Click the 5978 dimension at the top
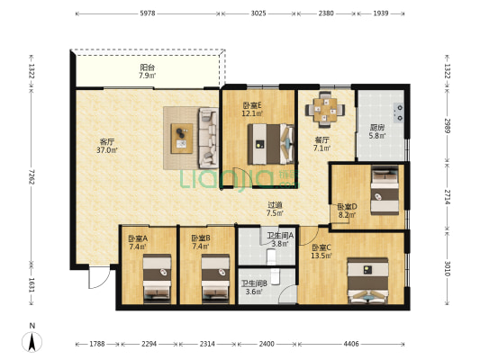(x=148, y=13)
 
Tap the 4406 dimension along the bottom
(x=351, y=344)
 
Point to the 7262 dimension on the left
(x=32, y=176)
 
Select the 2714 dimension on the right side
(x=448, y=197)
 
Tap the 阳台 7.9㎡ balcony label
(x=148, y=71)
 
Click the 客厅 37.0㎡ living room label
(x=107, y=146)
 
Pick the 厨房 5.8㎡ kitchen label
(x=376, y=131)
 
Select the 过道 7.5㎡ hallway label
(x=275, y=209)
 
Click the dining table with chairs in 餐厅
(x=325, y=109)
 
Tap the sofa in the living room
(x=208, y=138)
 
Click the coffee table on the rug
(x=182, y=139)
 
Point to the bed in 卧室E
(x=271, y=144)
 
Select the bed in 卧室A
(x=157, y=278)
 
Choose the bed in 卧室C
(x=367, y=281)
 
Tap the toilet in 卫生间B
(x=276, y=277)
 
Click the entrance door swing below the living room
(x=99, y=277)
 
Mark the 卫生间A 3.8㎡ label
(x=280, y=239)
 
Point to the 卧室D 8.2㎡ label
(x=347, y=211)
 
